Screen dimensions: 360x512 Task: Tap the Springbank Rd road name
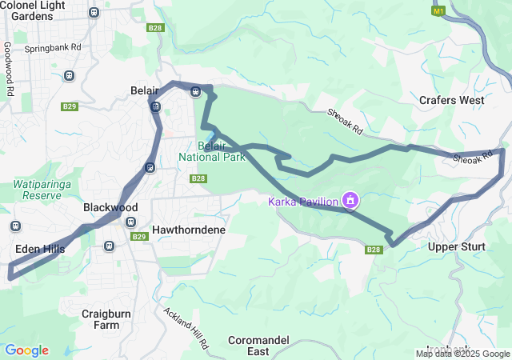click(x=53, y=48)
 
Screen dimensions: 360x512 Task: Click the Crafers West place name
click(x=451, y=100)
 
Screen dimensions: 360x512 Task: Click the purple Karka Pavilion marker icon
click(x=350, y=200)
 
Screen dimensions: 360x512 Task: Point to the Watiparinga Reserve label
click(x=37, y=190)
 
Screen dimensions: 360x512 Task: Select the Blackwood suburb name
click(x=110, y=207)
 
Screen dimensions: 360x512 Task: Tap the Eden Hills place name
click(x=40, y=249)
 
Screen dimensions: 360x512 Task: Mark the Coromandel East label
click(x=259, y=346)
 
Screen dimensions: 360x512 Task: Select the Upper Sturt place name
click(x=456, y=246)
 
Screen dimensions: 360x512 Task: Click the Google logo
click(x=26, y=350)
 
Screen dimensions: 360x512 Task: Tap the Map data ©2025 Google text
click(x=462, y=354)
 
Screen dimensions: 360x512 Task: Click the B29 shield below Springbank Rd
click(x=70, y=106)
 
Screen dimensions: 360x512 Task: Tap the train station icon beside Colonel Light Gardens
click(x=94, y=13)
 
